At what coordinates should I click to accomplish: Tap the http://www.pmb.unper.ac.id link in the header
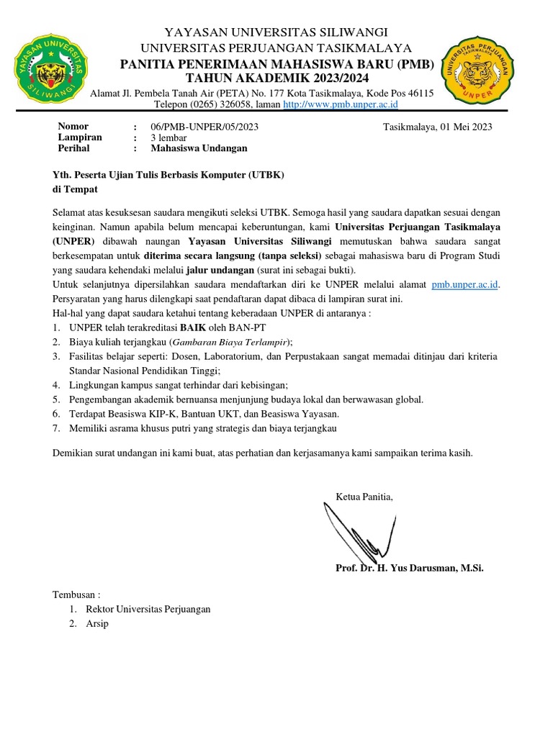341,104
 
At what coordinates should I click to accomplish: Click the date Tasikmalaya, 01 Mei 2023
438,127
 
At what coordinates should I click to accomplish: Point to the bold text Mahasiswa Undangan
199,148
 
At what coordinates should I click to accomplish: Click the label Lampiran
79,137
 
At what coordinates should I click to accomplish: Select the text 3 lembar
169,137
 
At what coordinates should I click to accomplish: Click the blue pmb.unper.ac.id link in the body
464,285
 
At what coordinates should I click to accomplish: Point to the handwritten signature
353,529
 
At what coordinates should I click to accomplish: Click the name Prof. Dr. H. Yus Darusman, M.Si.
410,568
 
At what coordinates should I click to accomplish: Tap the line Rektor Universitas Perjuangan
148,609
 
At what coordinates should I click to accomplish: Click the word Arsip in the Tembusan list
96,624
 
